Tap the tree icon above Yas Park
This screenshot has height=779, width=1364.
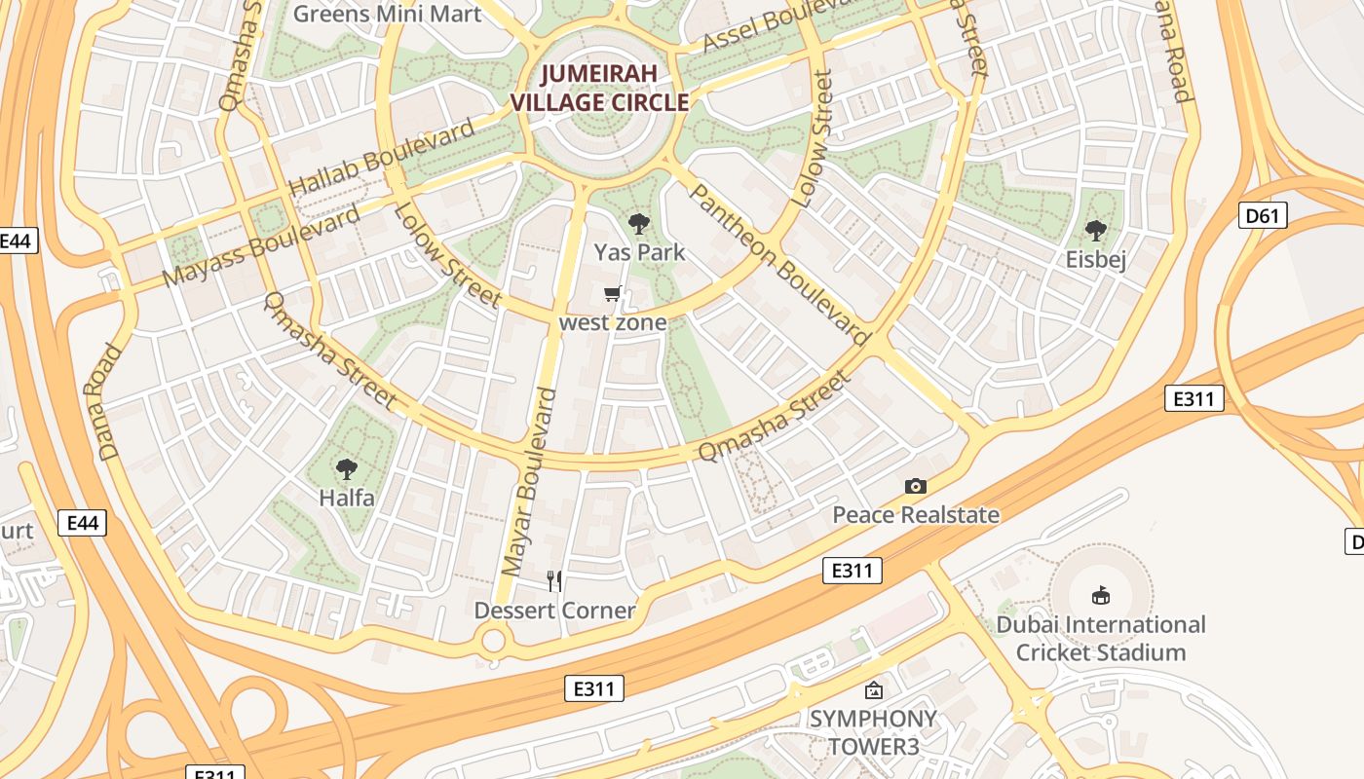(x=639, y=225)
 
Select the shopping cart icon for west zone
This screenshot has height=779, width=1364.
(x=613, y=293)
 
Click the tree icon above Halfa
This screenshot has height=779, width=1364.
(x=346, y=470)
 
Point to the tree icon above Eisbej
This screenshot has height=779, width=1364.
(x=1096, y=232)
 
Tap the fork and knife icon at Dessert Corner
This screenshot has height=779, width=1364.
(x=554, y=581)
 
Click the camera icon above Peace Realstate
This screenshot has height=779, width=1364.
(x=915, y=486)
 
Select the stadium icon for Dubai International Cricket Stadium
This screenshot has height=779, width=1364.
(x=1101, y=595)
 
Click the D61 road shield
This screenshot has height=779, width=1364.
(x=1262, y=215)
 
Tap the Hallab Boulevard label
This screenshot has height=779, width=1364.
(x=381, y=157)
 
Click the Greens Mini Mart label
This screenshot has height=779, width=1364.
(x=387, y=14)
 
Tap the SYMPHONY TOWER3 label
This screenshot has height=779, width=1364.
(x=873, y=732)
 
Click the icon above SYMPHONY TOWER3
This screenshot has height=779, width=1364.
(x=874, y=690)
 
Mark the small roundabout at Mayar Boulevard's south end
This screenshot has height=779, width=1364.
(x=494, y=641)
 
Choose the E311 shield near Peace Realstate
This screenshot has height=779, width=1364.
(x=852, y=571)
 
